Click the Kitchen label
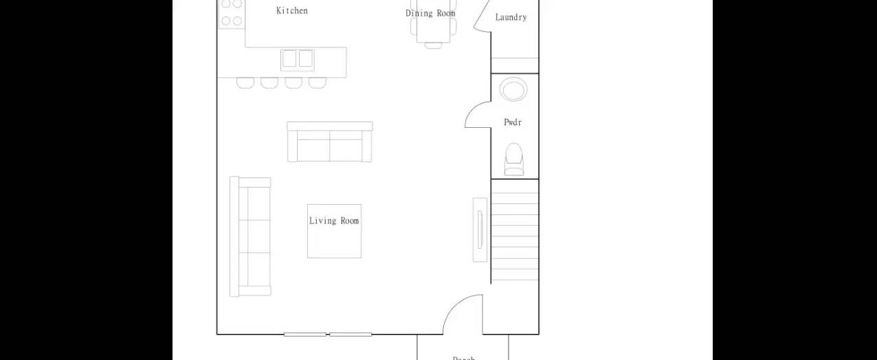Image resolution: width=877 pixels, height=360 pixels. pyautogui.click(x=292, y=10)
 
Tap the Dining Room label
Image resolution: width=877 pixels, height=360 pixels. pyautogui.click(x=430, y=13)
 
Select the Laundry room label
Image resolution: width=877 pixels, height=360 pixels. pyautogui.click(x=511, y=17)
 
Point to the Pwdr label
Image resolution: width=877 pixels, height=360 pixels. pyautogui.click(x=513, y=122)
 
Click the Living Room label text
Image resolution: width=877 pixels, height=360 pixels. pyautogui.click(x=334, y=221)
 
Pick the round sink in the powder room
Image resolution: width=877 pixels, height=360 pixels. pyautogui.click(x=513, y=89)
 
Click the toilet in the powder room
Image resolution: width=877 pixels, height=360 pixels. pyautogui.click(x=514, y=159)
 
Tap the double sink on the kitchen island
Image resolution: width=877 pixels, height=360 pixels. pyautogui.click(x=297, y=59)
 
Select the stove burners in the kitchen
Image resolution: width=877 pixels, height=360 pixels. pyautogui.click(x=232, y=13)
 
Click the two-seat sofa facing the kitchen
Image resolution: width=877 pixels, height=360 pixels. pyautogui.click(x=330, y=142)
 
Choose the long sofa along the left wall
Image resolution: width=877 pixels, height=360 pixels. pyautogui.click(x=250, y=237)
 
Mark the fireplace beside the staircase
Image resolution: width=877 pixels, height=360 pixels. pyautogui.click(x=480, y=229)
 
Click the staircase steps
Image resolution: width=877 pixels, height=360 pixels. pyautogui.click(x=515, y=230)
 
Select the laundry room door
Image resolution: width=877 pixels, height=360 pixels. pyautogui.click(x=482, y=15)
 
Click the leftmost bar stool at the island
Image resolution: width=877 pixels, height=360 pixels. pyautogui.click(x=245, y=83)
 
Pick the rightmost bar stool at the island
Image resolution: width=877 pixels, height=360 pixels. pyautogui.click(x=317, y=83)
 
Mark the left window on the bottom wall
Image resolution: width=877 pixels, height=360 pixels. pyautogui.click(x=305, y=335)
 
